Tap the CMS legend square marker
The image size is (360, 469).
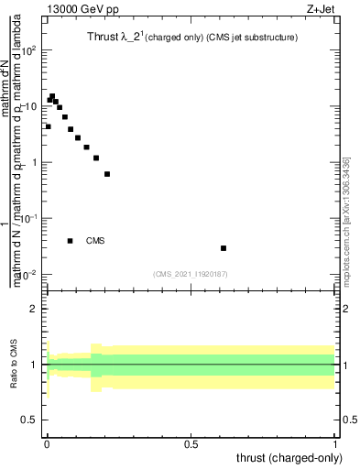click(x=71, y=241)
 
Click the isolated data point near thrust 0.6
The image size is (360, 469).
click(x=224, y=248)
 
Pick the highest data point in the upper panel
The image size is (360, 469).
click(x=52, y=96)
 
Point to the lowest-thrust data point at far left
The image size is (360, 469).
click(x=48, y=126)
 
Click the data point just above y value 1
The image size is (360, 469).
click(x=96, y=158)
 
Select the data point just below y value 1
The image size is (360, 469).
click(x=107, y=173)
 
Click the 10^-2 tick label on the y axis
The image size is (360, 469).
click(x=30, y=275)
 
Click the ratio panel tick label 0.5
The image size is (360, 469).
click(x=32, y=420)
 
